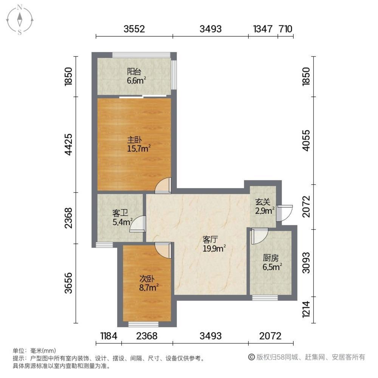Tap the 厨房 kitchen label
(271, 262)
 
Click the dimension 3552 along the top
(134, 29)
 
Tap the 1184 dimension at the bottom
(108, 336)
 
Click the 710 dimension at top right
(285, 29)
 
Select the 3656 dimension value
(68, 283)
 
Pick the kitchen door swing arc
(259, 236)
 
